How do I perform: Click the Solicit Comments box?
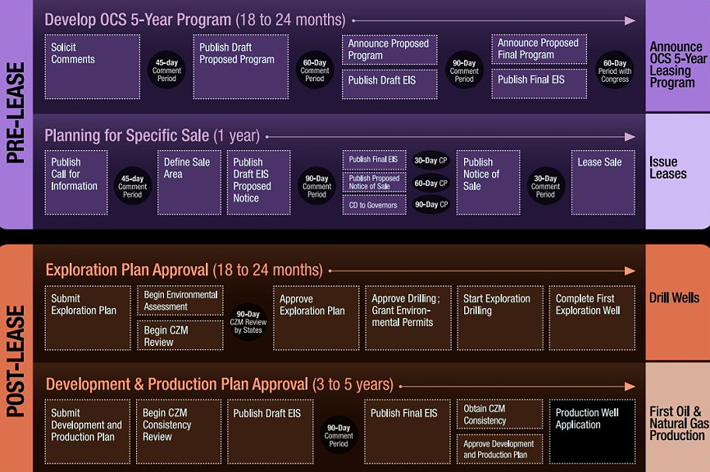click(92, 66)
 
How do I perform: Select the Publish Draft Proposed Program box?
click(240, 66)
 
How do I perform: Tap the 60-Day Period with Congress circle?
click(614, 71)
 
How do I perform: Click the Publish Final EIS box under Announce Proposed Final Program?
click(539, 83)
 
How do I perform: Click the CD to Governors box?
click(374, 205)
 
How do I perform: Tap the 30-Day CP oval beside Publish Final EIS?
click(430, 161)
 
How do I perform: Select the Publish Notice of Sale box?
click(487, 182)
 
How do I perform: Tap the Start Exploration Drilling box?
click(497, 317)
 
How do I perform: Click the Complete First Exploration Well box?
click(590, 317)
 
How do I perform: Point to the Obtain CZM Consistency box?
click(499, 415)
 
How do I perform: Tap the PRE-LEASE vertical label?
click(16, 114)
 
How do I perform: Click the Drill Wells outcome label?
click(674, 298)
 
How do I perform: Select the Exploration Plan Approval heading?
click(184, 270)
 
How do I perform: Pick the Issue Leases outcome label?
click(668, 168)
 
